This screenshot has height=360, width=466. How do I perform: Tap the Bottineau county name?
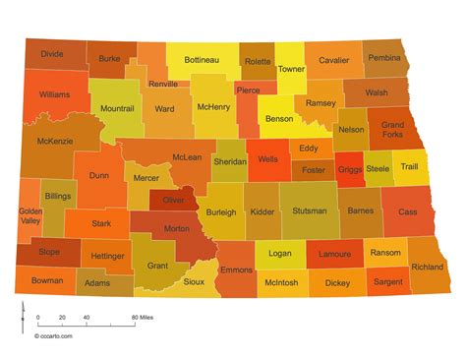click(202, 59)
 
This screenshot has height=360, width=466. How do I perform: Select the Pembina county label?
click(384, 58)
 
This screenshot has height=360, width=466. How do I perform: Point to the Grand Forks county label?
click(392, 131)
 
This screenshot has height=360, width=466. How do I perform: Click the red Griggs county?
click(349, 168)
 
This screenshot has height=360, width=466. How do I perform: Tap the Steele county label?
click(379, 168)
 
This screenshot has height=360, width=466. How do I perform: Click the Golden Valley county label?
click(30, 215)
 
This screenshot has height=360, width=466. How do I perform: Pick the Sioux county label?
click(194, 280)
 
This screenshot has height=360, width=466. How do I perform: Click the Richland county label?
click(427, 267)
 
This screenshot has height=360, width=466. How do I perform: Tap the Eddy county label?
click(308, 148)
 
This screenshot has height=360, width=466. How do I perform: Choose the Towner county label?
click(292, 69)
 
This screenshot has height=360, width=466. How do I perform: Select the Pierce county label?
click(248, 90)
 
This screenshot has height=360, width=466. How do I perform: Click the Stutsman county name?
click(310, 210)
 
